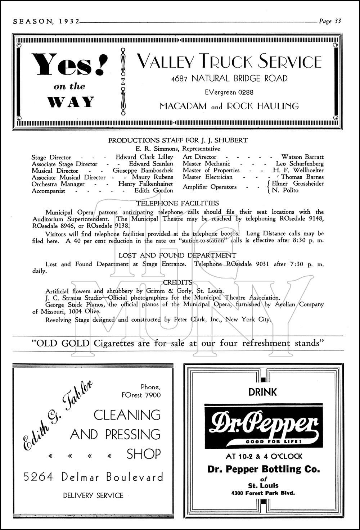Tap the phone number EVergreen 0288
click(x=229, y=92)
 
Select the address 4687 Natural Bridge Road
click(x=229, y=78)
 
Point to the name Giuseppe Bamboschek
click(x=143, y=171)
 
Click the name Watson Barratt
click(x=302, y=157)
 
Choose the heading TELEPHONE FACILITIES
click(x=178, y=203)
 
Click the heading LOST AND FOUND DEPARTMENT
click(x=177, y=255)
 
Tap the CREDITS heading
click(x=177, y=282)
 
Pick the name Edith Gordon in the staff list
click(x=154, y=191)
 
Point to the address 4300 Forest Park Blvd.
click(x=263, y=493)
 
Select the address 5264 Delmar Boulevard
click(x=93, y=477)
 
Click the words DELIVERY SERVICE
click(x=93, y=495)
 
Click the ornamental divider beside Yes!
click(x=123, y=83)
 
